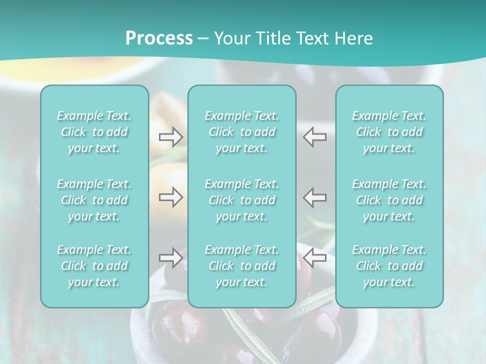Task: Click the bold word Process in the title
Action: (159, 38)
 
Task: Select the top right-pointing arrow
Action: (171, 136)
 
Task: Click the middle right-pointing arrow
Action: (171, 197)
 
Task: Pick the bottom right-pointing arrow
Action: (171, 258)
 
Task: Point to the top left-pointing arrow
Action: (315, 136)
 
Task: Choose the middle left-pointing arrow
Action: (315, 197)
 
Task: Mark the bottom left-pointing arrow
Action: (315, 258)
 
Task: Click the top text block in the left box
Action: (94, 132)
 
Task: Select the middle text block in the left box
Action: (94, 200)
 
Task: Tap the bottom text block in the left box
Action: (94, 266)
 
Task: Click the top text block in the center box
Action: (242, 132)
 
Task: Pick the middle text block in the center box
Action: (242, 200)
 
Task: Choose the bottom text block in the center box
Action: (242, 266)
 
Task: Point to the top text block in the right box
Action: (389, 132)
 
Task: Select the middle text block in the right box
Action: (389, 200)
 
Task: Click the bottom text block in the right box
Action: (389, 266)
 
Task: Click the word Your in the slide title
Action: (231, 38)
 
